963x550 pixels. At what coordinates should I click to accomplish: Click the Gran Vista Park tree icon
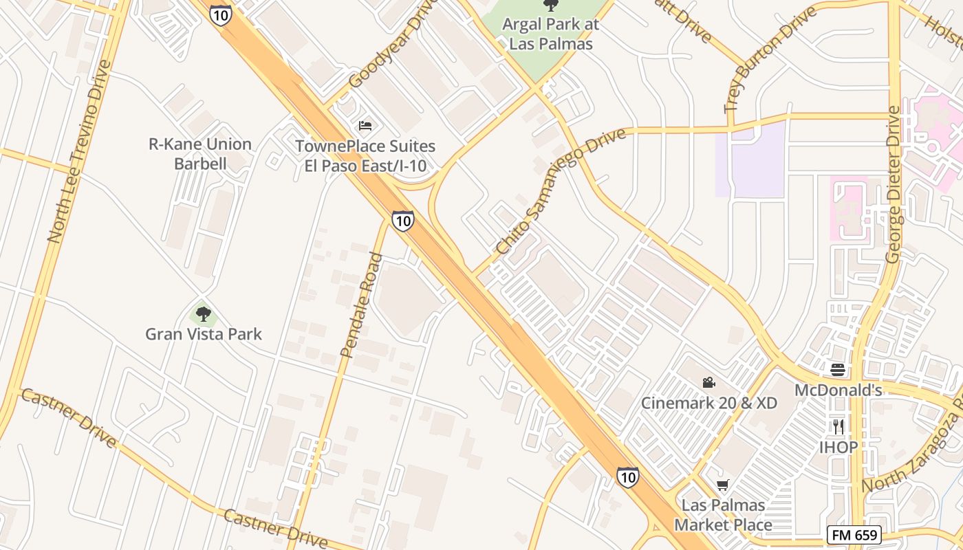(x=203, y=315)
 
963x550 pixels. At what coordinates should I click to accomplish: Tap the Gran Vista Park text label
(x=204, y=335)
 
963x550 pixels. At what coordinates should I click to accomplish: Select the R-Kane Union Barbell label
(x=200, y=154)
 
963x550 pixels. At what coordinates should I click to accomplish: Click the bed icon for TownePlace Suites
(x=365, y=126)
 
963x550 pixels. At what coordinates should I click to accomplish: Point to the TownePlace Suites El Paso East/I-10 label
(x=365, y=156)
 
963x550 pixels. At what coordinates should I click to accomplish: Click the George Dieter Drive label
(x=893, y=184)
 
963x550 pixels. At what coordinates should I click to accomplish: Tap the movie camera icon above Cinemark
(x=708, y=383)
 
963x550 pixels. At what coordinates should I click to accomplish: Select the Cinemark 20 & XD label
(x=708, y=403)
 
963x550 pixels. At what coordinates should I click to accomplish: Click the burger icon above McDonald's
(x=837, y=370)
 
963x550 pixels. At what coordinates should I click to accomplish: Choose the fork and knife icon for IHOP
(x=838, y=426)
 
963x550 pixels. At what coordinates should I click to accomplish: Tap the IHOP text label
(x=838, y=447)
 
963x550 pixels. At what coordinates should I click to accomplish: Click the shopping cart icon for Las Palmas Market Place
(x=722, y=485)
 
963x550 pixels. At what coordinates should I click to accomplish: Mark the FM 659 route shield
(x=854, y=535)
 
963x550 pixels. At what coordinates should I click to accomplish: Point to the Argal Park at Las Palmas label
(x=550, y=34)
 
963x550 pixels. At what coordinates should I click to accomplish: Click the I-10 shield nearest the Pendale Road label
(x=403, y=221)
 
